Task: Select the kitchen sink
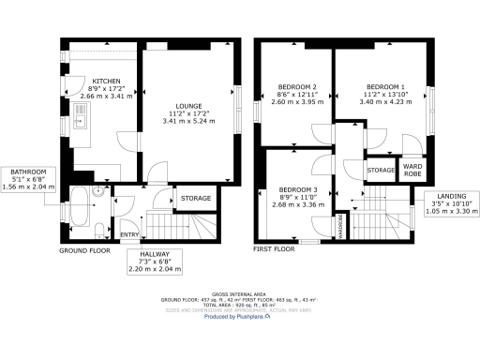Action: [x=81, y=116]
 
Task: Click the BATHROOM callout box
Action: [x=29, y=179]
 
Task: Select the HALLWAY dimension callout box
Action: [x=155, y=261]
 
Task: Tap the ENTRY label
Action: [x=127, y=234]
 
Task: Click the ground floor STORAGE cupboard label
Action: [x=196, y=198]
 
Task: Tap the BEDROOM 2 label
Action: [x=296, y=86]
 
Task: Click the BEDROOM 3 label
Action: [x=299, y=190]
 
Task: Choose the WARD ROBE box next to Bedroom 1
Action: [x=411, y=169]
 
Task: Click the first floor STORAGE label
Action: [x=381, y=170]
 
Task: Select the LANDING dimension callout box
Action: [x=440, y=205]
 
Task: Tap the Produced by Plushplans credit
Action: [x=239, y=317]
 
